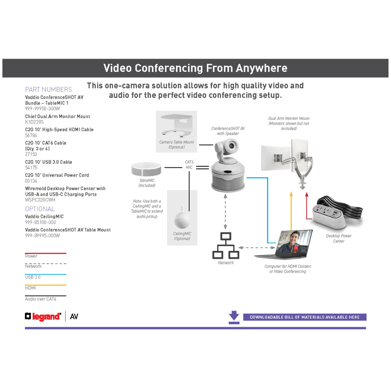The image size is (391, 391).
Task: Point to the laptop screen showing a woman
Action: point(294,241)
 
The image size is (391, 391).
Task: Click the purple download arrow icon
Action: point(234,316)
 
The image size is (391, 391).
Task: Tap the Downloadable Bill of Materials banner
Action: point(304,317)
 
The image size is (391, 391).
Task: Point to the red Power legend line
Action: point(46,253)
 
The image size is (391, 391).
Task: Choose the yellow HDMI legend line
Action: point(46,285)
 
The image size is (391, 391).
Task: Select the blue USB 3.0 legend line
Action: point(46,274)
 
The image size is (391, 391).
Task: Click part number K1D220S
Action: point(34,122)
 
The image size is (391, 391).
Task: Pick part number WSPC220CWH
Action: point(40,200)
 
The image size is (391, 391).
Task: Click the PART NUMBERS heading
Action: point(49,89)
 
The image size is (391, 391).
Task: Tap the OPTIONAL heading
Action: point(40,209)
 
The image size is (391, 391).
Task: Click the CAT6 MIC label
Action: point(189,165)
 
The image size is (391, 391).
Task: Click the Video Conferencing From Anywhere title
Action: point(195,68)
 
